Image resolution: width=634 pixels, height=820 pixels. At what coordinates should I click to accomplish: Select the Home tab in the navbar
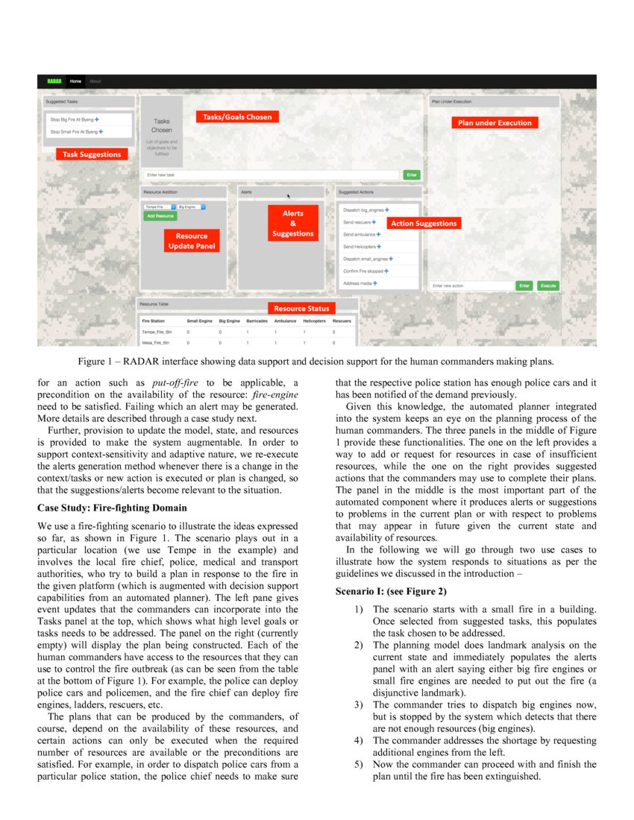coord(75,81)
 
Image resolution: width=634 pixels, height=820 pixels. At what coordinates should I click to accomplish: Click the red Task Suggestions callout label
coord(92,154)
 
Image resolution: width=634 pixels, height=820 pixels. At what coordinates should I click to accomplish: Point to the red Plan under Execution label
coord(495,123)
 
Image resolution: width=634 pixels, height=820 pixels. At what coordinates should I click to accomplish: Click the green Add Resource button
coord(160,215)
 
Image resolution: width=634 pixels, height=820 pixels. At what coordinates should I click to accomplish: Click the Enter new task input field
coord(272,174)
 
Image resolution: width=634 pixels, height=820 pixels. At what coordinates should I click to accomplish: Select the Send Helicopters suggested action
coord(361,247)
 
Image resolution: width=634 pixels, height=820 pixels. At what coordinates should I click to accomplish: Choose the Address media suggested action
coord(359,283)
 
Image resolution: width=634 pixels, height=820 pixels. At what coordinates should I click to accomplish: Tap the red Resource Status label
coord(301,308)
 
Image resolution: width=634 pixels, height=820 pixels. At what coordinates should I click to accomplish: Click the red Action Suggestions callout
coord(423,224)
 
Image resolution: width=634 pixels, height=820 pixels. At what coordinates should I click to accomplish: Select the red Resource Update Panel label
coord(192,241)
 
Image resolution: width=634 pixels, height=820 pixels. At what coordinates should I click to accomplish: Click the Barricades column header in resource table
coord(257,321)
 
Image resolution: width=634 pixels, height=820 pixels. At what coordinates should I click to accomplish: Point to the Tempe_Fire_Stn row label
coord(156,331)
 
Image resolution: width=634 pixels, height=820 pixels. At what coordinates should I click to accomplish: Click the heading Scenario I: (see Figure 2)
coord(391,591)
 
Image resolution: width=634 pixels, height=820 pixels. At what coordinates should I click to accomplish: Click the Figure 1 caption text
coord(317,362)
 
